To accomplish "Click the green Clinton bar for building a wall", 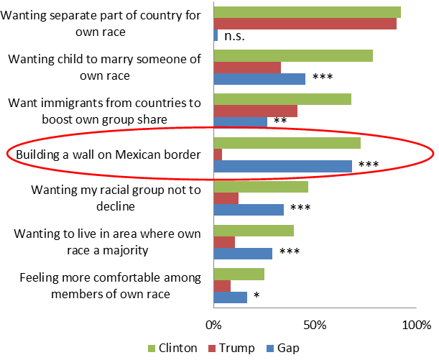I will pyautogui.click(x=287, y=143).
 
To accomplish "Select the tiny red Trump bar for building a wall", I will pyautogui.click(x=218, y=154).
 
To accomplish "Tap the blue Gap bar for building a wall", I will pyautogui.click(x=282, y=166).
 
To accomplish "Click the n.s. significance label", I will pyautogui.click(x=234, y=35).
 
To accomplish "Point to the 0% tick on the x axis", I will pyautogui.click(x=213, y=325).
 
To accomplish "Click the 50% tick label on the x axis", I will pyautogui.click(x=315, y=325).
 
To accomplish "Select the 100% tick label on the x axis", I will pyautogui.click(x=415, y=325).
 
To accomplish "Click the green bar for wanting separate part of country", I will pyautogui.click(x=307, y=12).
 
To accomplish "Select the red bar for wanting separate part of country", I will pyautogui.click(x=305, y=24).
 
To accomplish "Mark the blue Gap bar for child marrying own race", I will pyautogui.click(x=259, y=78).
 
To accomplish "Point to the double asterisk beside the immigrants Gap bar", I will pyautogui.click(x=280, y=121).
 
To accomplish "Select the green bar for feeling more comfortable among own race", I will pyautogui.click(x=239, y=274).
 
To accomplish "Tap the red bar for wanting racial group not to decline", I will pyautogui.click(x=226, y=198).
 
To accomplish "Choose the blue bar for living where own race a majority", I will pyautogui.click(x=243, y=253).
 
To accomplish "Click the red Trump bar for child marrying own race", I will pyautogui.click(x=247, y=67).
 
